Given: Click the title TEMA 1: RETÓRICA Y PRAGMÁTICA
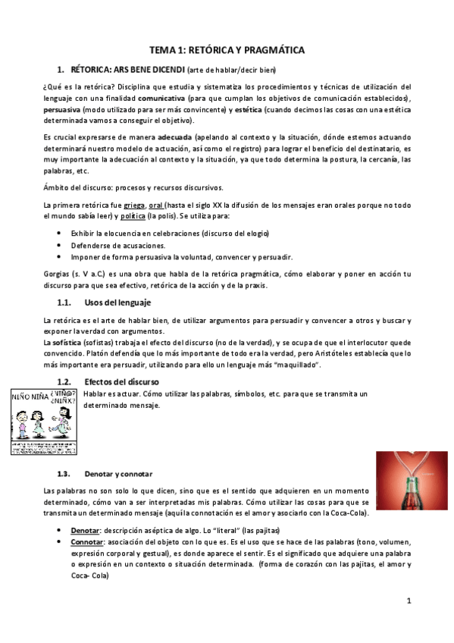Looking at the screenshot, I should pyautogui.click(x=227, y=50).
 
